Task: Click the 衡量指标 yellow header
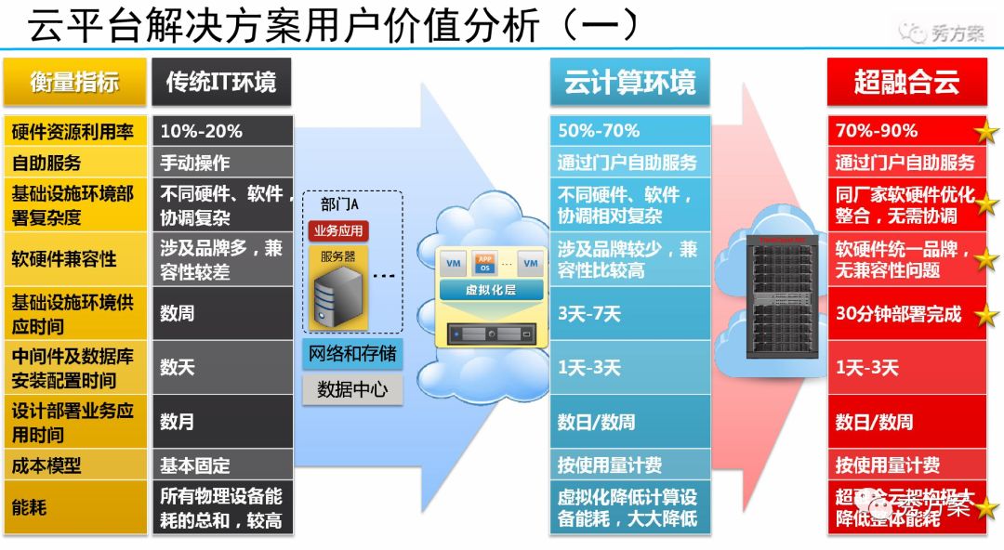(x=74, y=82)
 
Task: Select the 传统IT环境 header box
(x=221, y=82)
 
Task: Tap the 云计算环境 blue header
(x=629, y=82)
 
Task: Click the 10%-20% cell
(x=221, y=131)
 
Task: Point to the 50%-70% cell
(x=629, y=131)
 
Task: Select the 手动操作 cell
(x=221, y=163)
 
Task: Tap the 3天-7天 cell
(x=629, y=313)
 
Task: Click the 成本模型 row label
(x=74, y=465)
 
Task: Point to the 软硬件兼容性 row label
(x=74, y=258)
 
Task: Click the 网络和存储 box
(x=352, y=353)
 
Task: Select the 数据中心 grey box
(x=352, y=389)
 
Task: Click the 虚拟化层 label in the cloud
(x=491, y=290)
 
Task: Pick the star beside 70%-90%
(x=985, y=132)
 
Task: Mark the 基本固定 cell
(x=221, y=465)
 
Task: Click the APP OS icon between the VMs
(x=486, y=263)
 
